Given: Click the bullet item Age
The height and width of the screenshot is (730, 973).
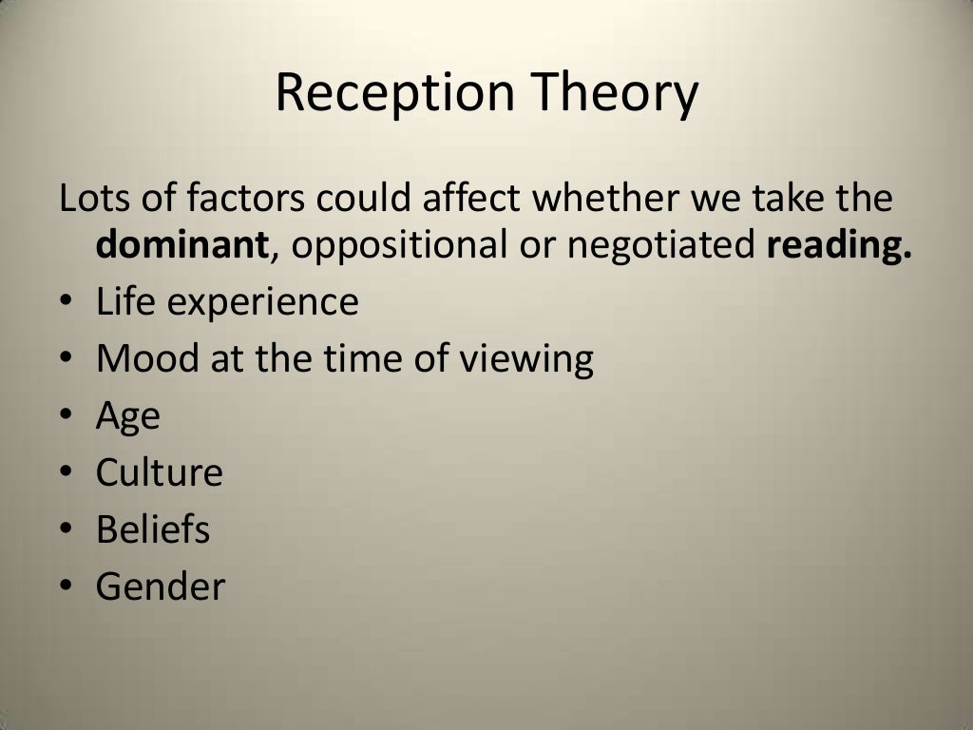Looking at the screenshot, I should pos(127,417).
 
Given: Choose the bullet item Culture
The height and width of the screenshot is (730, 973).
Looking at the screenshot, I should pos(159,472).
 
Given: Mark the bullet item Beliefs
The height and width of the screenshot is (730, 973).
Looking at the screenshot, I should pos(152,529).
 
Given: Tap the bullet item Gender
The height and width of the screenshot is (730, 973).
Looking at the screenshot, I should pos(160,586).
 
